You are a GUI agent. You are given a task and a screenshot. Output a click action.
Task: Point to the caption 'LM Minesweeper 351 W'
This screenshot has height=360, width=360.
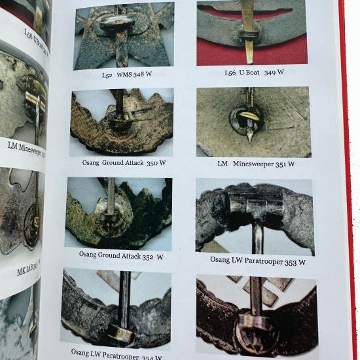(x=256, y=164)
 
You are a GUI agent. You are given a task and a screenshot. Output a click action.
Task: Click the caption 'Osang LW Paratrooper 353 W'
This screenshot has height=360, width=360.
(x=258, y=262)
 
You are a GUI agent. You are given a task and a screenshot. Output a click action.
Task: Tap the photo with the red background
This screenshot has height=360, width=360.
(x=251, y=33)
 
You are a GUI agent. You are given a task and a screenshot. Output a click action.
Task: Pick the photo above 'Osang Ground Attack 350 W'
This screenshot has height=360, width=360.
(x=121, y=122)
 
